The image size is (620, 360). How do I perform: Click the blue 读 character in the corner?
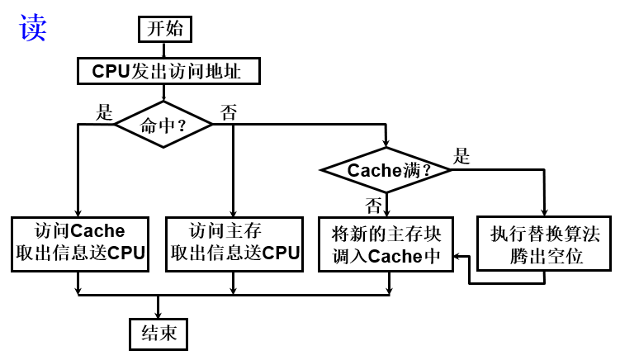[x=33, y=27]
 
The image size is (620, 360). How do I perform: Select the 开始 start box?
[x=165, y=30]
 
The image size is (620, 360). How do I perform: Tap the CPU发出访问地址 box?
[x=168, y=71]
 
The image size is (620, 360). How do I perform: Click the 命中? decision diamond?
[x=163, y=126]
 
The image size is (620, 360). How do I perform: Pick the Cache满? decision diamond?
[x=386, y=171]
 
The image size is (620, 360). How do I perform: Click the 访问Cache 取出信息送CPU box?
[x=80, y=243]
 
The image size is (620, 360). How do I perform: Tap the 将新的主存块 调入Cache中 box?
[x=387, y=244]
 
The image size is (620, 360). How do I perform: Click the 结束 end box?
[x=159, y=333]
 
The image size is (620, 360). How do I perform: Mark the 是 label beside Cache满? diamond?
[x=461, y=156]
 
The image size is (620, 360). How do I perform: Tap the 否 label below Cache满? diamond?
[x=373, y=203]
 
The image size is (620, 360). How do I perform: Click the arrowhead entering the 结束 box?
[x=159, y=313]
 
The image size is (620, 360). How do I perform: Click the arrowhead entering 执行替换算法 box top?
[x=545, y=212]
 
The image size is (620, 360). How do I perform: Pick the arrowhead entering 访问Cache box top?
[x=78, y=212]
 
